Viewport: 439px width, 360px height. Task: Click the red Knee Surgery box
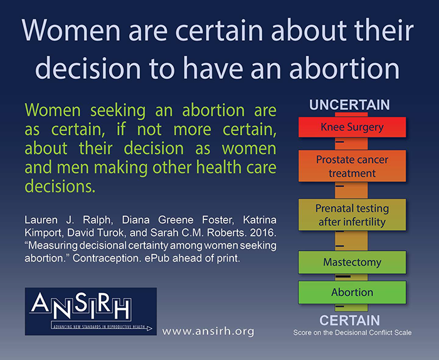(352, 127)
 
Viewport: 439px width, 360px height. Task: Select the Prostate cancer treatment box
(352, 166)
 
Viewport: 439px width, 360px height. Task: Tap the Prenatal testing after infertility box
(352, 214)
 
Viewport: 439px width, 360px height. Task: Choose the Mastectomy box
(352, 262)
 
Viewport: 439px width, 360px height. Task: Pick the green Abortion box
(352, 292)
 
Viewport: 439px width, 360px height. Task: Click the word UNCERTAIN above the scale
(349, 105)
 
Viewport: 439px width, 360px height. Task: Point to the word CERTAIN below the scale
(350, 320)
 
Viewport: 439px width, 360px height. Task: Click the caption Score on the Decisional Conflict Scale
(352, 332)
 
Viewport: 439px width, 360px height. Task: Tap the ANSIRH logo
(91, 311)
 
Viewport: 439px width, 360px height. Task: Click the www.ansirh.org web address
(208, 331)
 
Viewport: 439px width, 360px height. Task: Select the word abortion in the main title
(344, 68)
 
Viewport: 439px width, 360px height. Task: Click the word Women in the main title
(71, 30)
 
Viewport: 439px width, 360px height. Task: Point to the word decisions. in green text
(60, 186)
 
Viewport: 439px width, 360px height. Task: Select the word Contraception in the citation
(107, 258)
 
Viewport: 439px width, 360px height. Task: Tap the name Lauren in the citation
(41, 220)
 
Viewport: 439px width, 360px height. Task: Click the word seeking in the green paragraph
(118, 110)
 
